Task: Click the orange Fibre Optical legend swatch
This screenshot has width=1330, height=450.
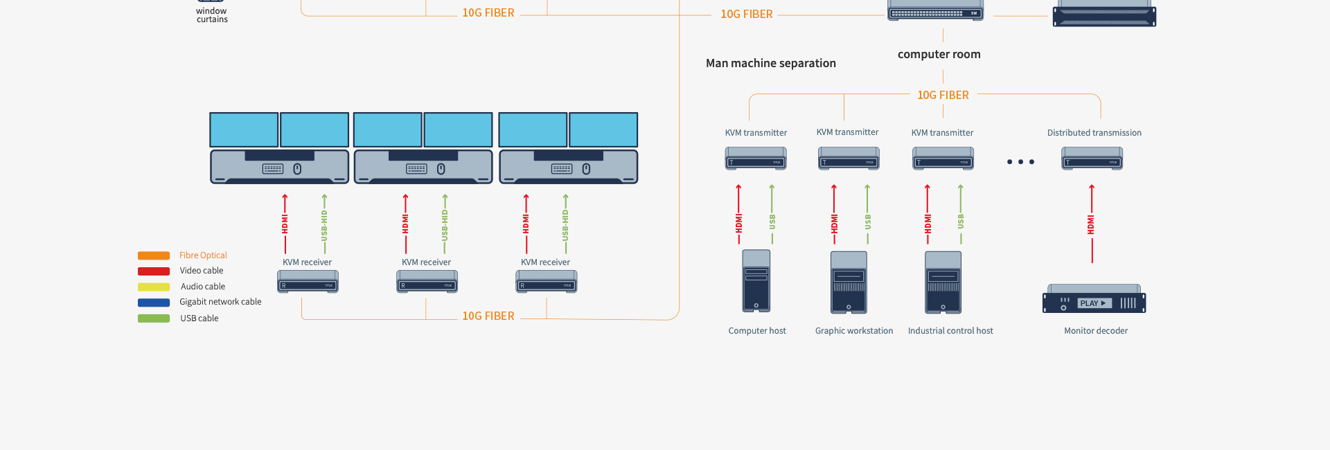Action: pyautogui.click(x=154, y=255)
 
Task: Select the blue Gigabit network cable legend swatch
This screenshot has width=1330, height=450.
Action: pyautogui.click(x=154, y=303)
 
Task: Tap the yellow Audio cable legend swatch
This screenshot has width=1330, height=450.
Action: pyautogui.click(x=154, y=287)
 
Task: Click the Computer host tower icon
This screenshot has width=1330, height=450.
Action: pyautogui.click(x=756, y=281)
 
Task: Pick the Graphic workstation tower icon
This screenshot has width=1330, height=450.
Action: pyautogui.click(x=849, y=282)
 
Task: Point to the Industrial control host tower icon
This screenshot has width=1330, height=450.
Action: pyautogui.click(x=943, y=282)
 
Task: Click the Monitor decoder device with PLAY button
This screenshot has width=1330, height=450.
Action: pyautogui.click(x=1094, y=299)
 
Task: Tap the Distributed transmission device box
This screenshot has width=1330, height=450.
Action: pyautogui.click(x=1092, y=159)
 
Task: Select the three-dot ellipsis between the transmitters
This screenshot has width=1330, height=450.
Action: pyautogui.click(x=1020, y=162)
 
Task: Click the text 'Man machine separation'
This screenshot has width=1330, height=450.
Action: pyautogui.click(x=770, y=63)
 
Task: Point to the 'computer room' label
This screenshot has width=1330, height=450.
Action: pyautogui.click(x=939, y=54)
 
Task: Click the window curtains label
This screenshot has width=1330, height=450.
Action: pyautogui.click(x=211, y=15)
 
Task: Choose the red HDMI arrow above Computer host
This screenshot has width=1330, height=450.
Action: pyautogui.click(x=738, y=215)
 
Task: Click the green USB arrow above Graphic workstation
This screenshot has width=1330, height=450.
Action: pyautogui.click(x=867, y=215)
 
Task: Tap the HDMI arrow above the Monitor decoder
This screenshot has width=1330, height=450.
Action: pyautogui.click(x=1092, y=223)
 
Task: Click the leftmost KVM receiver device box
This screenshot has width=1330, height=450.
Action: pyautogui.click(x=308, y=282)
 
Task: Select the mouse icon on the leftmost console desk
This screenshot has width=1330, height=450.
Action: pyautogui.click(x=297, y=169)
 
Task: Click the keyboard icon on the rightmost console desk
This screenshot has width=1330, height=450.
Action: pyautogui.click(x=562, y=169)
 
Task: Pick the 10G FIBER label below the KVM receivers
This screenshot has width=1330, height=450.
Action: pyautogui.click(x=488, y=316)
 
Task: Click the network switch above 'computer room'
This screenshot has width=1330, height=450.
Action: pyautogui.click(x=935, y=12)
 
